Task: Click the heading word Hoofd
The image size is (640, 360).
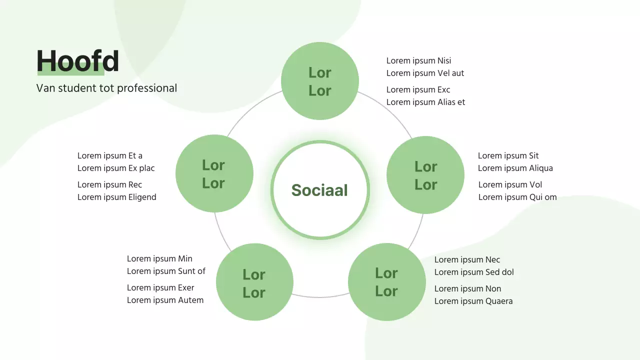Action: coord(78,61)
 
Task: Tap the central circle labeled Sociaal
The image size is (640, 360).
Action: coord(319,190)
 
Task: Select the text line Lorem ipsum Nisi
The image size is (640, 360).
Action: coord(418,61)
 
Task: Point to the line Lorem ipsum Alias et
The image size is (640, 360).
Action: coord(425,102)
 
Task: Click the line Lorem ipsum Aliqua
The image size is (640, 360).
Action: coord(515,168)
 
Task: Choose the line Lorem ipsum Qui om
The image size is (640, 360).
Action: coord(517,197)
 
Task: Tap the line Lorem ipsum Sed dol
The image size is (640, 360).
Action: coord(473,272)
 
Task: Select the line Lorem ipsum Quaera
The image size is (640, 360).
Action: coord(473,301)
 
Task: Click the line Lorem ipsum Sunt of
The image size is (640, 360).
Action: coord(166,271)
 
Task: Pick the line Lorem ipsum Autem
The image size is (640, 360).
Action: coord(165,300)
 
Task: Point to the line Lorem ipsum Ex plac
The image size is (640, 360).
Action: coord(116,168)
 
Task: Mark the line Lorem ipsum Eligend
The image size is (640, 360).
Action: coord(116,197)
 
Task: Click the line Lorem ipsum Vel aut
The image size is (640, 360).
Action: coord(425,73)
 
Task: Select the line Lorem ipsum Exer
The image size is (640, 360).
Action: coord(160,288)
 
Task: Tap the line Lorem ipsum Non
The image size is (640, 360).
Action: coord(467,289)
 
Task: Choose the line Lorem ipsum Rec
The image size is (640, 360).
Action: coord(109,185)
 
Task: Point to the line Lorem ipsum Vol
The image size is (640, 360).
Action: coord(510,185)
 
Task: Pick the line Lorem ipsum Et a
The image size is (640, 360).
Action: coord(110,156)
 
